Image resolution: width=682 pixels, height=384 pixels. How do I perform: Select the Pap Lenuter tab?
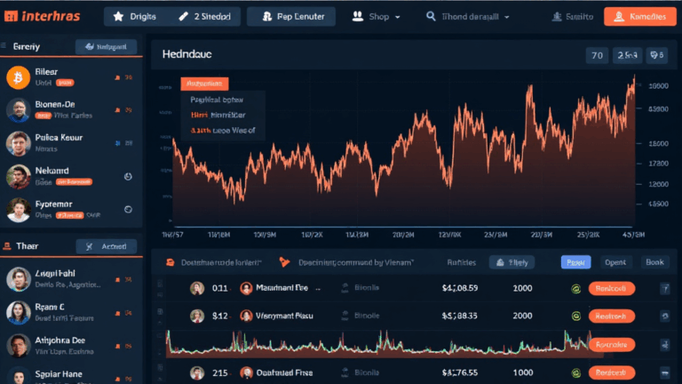tap(291, 16)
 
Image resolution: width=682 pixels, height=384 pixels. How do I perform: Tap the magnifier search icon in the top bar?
tap(432, 16)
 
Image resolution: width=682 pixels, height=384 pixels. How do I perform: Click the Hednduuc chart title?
tap(192, 55)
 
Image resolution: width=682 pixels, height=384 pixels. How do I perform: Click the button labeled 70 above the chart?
tap(598, 55)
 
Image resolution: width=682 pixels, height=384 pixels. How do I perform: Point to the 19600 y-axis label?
tap(658, 86)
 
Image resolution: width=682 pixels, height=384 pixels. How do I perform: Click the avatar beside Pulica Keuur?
tap(18, 143)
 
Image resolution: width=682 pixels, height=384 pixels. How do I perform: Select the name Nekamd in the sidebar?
tap(52, 169)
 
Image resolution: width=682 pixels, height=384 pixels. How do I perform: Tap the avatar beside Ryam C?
tap(18, 312)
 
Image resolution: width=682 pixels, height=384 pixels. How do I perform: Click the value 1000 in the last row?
tap(522, 373)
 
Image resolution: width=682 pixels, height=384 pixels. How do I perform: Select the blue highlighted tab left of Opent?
tap(575, 262)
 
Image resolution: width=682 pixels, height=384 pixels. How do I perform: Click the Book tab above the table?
tap(654, 262)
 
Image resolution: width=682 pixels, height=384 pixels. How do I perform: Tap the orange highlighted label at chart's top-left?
tap(204, 84)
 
